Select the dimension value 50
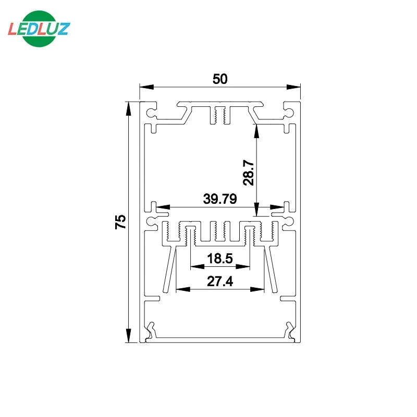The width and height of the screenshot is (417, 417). (220, 79)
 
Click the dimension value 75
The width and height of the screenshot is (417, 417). (120, 222)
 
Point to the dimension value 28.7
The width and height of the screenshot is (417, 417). (248, 173)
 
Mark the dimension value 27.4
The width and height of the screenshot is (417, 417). (220, 281)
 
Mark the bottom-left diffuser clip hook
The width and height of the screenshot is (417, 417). (151, 329)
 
